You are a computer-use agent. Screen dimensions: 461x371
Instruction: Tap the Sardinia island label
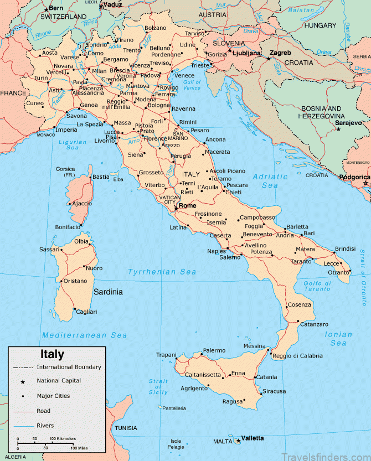click(107, 292)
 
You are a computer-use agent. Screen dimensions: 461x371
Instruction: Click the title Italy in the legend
click(52, 355)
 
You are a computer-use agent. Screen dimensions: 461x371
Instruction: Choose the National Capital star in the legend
click(23, 381)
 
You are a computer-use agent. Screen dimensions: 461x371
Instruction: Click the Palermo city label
click(214, 350)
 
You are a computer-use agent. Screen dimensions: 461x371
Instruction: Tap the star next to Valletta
click(238, 441)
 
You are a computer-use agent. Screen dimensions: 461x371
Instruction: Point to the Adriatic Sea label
click(270, 181)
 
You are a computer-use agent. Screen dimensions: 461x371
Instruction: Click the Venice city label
click(185, 75)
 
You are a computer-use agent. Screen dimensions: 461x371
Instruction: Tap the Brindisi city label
click(344, 249)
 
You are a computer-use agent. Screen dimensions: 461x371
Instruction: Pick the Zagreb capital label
click(281, 53)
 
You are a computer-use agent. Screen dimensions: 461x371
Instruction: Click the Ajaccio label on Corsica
click(81, 203)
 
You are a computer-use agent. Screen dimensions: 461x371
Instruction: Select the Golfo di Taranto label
click(317, 286)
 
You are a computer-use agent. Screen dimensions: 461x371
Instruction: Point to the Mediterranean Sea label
click(85, 335)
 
